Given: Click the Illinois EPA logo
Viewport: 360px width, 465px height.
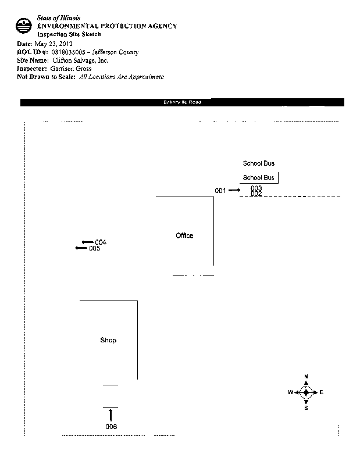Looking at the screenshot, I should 24,26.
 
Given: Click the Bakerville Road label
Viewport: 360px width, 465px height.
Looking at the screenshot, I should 182,103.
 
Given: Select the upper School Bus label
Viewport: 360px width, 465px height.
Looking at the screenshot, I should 258,164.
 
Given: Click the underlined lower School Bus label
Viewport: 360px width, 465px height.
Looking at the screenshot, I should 258,177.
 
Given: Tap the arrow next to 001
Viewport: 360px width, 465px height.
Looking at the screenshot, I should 234,191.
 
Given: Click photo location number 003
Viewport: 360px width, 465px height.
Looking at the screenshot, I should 256,188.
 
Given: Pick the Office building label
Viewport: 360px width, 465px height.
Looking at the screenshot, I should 184,235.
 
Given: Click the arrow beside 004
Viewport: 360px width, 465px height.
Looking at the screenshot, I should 87,242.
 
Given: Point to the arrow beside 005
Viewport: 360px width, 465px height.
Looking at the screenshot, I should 81,248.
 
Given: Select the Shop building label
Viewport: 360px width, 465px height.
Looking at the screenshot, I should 108,340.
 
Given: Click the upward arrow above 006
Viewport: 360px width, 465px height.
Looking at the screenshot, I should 111,415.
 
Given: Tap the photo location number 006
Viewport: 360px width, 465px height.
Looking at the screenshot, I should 111,427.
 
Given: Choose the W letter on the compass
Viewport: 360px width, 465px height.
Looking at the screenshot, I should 290,392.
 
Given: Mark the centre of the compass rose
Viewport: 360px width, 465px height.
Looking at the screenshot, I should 306,392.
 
